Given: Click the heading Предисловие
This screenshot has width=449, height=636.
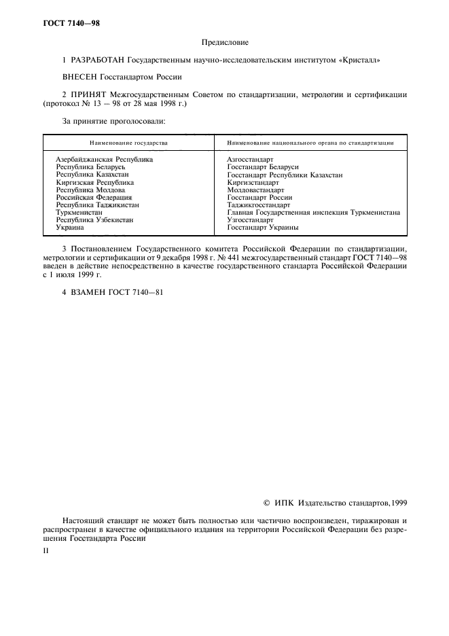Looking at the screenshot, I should [x=224, y=43].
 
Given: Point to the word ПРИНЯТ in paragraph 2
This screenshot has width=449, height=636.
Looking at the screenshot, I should [x=91, y=95].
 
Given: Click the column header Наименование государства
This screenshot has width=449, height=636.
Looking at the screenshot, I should [x=128, y=144].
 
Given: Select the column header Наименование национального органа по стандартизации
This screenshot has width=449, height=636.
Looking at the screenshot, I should [x=311, y=144].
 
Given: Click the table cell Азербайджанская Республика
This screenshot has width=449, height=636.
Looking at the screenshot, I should [x=104, y=159].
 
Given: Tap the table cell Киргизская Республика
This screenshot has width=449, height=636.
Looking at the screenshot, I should [x=94, y=182].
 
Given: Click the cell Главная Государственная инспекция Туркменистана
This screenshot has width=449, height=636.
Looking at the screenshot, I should [x=313, y=212].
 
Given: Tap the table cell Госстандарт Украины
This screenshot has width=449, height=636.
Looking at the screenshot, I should [x=262, y=228].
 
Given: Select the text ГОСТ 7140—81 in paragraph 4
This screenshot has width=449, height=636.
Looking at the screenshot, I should [x=140, y=292].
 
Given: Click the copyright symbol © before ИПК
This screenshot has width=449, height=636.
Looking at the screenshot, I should [x=267, y=503].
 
